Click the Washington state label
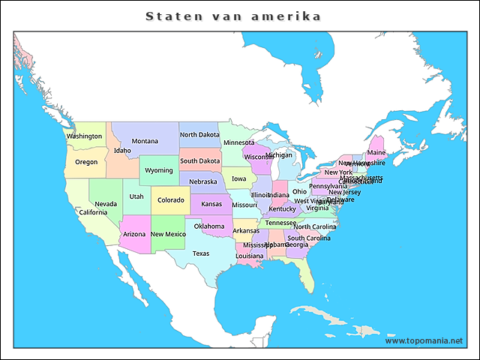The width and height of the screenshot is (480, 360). click(84, 136)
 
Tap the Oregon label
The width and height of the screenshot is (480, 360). click(86, 162)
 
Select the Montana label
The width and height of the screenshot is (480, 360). click(145, 141)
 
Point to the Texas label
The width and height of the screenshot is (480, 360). click(201, 253)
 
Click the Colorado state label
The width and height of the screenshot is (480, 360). click(170, 200)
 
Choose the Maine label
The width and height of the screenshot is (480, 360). click(376, 153)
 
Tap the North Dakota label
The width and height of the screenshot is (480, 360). click(199, 135)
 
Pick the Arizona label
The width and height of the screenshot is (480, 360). click(134, 235)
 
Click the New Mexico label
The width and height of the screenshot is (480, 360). click(168, 235)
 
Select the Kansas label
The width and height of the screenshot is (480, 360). click(211, 204)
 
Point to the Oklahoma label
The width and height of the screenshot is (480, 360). click(209, 226)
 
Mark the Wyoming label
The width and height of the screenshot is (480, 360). click(159, 170)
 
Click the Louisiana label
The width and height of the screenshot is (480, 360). click(250, 256)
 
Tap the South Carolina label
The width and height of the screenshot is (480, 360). click(308, 238)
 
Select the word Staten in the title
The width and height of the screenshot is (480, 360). click(169, 16)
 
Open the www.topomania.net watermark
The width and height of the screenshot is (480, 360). click(424, 340)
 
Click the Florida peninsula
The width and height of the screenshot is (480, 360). click(305, 279)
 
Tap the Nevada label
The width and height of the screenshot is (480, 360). click(106, 204)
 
